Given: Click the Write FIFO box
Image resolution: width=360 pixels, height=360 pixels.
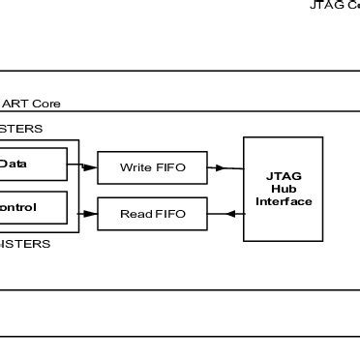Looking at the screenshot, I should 153,168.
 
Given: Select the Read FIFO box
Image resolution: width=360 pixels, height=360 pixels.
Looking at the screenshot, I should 153,214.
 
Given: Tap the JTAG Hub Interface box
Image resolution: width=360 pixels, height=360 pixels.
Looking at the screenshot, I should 283,188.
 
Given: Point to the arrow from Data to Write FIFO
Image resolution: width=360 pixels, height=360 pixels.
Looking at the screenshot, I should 83,167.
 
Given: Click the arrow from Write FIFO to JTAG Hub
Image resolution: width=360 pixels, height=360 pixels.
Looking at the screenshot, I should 225,168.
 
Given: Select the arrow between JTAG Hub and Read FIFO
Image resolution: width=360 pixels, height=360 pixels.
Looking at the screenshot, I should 225,214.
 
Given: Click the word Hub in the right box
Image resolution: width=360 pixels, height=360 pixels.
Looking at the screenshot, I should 284,189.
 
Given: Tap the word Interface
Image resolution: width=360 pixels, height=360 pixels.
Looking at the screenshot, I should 284,201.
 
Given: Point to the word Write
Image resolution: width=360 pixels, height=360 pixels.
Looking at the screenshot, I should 135,168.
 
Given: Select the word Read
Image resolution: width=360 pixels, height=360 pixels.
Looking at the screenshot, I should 135,214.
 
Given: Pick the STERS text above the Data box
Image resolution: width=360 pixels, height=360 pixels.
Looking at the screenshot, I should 21,129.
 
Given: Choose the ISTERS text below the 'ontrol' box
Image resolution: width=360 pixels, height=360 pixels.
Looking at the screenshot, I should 25,244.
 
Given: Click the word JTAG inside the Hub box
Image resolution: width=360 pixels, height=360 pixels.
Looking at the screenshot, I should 284,176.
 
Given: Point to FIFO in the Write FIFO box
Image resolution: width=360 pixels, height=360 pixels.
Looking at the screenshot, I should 169,168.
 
